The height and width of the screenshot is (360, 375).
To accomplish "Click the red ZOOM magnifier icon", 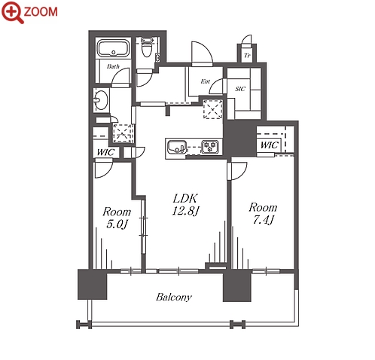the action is tap(13, 12).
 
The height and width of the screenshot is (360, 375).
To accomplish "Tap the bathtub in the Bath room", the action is tap(113, 48).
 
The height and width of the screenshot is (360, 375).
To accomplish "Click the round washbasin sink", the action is tap(102, 99).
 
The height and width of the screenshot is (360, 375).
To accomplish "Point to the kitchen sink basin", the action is tap(177, 147).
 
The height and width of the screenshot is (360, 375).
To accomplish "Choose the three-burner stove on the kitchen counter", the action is tap(210, 147).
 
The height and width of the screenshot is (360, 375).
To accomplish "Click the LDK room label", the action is tap(185, 199).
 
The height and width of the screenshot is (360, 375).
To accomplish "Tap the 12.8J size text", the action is tap(185, 211).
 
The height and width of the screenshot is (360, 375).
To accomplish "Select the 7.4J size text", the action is tap(263, 220).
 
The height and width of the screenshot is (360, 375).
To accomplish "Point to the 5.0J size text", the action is tap(116, 224).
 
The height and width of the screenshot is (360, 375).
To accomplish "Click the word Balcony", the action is tap(174, 297).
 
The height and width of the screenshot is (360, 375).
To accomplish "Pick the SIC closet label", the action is tap(240, 89).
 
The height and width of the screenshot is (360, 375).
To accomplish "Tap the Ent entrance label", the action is tap(205, 81).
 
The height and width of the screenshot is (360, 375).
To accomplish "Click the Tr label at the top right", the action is tap(247, 55).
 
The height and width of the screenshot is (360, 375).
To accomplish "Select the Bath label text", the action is tap(113, 66).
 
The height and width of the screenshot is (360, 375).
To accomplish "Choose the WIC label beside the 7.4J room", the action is tap(270, 145).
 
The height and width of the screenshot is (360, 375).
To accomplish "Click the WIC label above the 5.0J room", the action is tap(105, 152).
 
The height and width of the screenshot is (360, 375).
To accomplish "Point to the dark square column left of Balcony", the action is tap(93, 284).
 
